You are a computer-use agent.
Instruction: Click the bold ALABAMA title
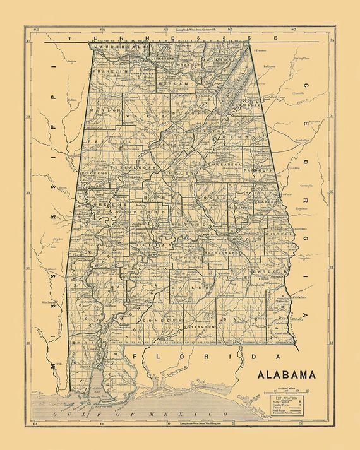coord(286,374)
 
